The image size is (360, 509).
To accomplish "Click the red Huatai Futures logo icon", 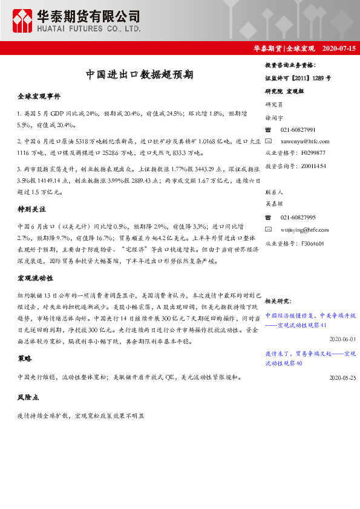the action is click(x=22, y=21).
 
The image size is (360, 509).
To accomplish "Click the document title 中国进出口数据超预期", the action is click(x=139, y=75).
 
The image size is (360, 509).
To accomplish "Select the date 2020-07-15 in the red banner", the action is click(x=339, y=47).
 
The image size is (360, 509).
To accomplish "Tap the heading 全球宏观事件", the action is click(x=39, y=97).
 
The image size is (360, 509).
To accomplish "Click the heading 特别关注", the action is click(x=33, y=209).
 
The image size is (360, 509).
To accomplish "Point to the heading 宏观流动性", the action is click(x=36, y=279).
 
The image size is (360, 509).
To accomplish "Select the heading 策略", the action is click(x=25, y=358).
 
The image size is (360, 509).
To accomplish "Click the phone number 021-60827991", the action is click(x=298, y=130).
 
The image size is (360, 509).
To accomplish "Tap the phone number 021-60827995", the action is click(x=298, y=217).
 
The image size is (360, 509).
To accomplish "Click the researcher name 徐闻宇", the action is click(x=275, y=118).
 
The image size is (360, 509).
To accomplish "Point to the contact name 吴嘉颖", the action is click(x=275, y=205).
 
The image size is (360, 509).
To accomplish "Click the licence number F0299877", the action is click(x=313, y=153).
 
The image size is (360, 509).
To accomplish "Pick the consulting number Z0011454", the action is click(x=313, y=165).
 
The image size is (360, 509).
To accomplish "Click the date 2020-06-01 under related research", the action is click(x=343, y=340).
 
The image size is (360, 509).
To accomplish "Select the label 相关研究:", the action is click(x=278, y=300).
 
